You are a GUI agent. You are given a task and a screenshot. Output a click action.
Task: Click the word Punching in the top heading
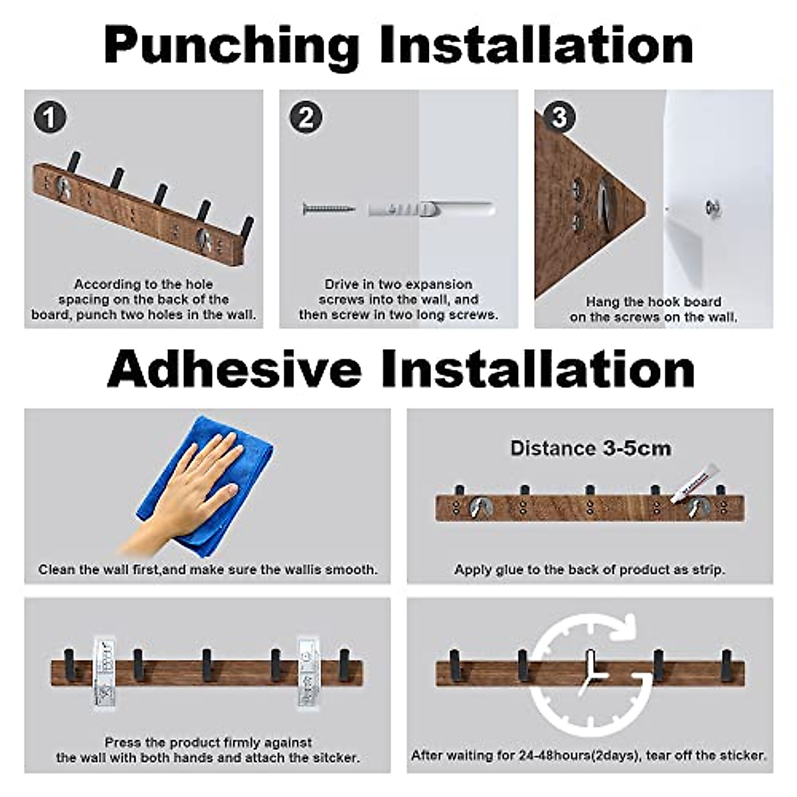click(x=232, y=46)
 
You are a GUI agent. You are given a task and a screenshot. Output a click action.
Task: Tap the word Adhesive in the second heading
click(x=234, y=368)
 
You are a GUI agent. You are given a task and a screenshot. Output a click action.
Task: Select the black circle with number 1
click(x=50, y=118)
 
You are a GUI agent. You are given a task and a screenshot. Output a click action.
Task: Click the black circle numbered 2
click(x=306, y=118)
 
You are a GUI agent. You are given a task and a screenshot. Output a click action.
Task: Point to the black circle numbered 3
click(x=559, y=117)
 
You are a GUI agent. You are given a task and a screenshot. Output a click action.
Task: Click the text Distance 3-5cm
click(x=590, y=449)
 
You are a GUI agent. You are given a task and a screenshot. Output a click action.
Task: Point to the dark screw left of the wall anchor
click(x=329, y=209)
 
